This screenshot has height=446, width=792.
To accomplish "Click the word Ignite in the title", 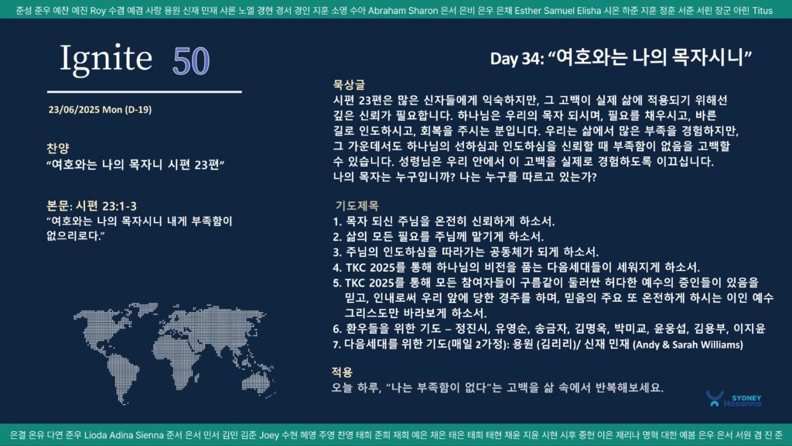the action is point(106,59).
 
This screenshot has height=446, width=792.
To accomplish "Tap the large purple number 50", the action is point(191,61).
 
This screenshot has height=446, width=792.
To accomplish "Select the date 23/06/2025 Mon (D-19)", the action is point(100,110).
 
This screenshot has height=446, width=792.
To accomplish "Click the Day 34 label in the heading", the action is point(516,59).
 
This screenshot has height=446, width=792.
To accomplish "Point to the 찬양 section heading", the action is point(57,148).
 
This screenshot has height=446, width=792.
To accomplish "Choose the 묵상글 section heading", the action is point(349,84).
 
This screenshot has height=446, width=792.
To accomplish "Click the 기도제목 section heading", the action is point(357,206).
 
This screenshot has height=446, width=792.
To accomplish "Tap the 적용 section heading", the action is point(342,372).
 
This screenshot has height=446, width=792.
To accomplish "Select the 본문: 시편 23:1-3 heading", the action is point(91,206).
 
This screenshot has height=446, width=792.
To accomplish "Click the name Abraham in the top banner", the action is point(386,11).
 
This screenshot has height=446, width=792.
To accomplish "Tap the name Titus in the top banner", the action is point(762,11).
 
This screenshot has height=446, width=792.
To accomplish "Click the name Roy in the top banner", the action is point(97,11).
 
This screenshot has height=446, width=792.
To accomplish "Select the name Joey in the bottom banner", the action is point(269,435).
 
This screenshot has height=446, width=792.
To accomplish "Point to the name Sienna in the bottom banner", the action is point(149,435).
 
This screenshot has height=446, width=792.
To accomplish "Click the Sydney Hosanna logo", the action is point(734,399).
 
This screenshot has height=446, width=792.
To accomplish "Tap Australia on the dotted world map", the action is point(257,380).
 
